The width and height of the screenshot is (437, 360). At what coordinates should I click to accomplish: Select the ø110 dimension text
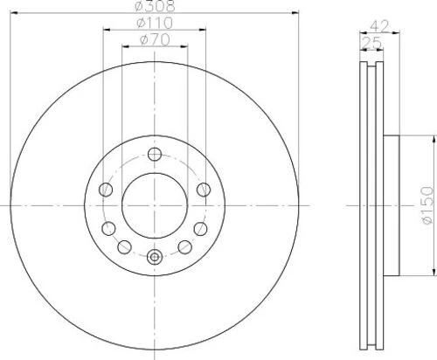pyautogui.click(x=156, y=24)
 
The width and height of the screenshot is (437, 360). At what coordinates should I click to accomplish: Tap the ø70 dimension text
pyautogui.click(x=156, y=40)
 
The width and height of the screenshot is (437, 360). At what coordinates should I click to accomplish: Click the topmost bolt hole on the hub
pyautogui.click(x=155, y=156)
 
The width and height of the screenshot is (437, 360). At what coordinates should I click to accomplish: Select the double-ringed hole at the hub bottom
pyautogui.click(x=155, y=256)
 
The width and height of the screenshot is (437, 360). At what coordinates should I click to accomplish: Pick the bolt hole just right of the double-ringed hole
pyautogui.click(x=185, y=246)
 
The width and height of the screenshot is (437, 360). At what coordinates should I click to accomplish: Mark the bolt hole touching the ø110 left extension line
pyautogui.click(x=107, y=189)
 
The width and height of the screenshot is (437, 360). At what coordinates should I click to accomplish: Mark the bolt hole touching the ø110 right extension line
pyautogui.click(x=204, y=189)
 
